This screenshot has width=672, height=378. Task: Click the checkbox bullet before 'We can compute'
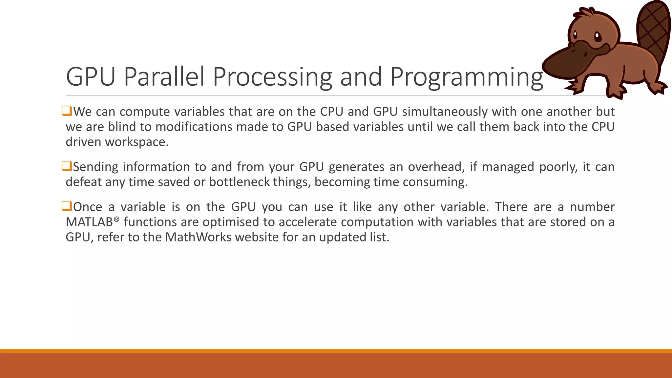67,111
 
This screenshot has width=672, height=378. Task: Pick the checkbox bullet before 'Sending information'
67,166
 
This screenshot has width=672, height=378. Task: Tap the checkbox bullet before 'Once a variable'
67,206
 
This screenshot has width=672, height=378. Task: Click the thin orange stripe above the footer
336,351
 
